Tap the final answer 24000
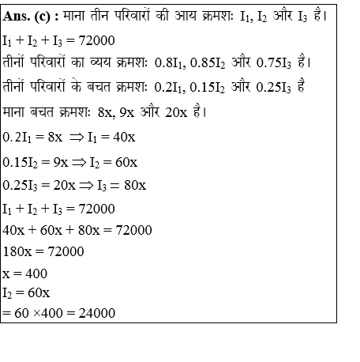pyautogui.click(x=96, y=314)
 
